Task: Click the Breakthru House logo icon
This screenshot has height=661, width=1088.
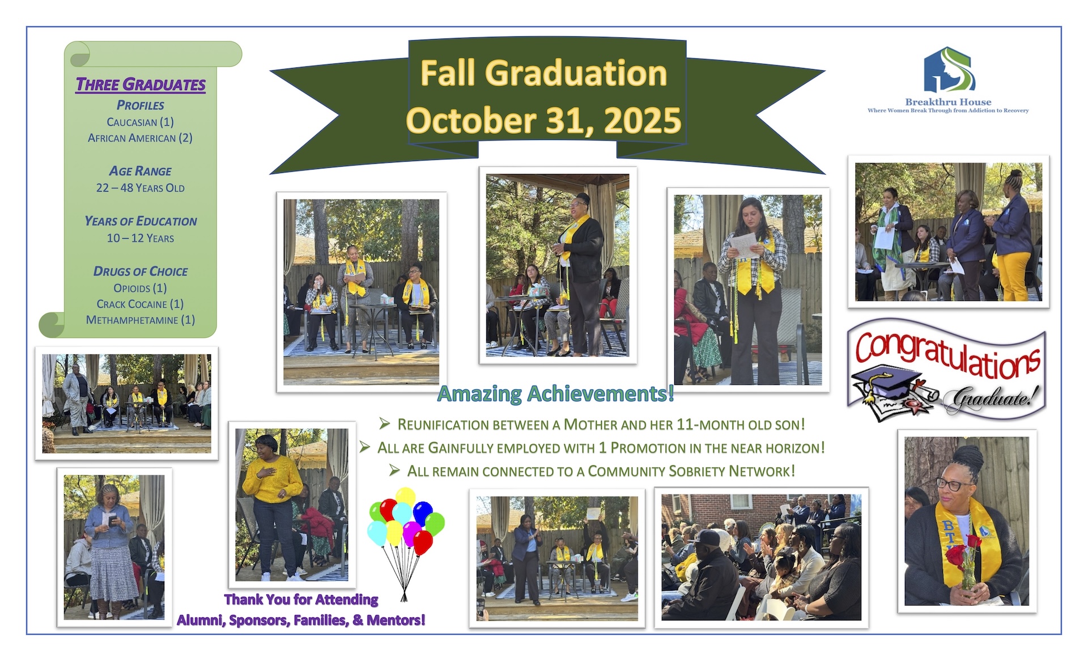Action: [949, 69]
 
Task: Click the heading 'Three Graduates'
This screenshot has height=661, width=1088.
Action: [141, 84]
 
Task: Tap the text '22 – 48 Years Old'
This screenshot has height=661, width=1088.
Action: [141, 188]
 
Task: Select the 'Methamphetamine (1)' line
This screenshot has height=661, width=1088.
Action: [141, 320]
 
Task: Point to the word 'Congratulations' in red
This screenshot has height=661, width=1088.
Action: [947, 354]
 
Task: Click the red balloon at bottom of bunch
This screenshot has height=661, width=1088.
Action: [423, 542]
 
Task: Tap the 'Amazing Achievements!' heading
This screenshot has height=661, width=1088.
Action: [556, 393]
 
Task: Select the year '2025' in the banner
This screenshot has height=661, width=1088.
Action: [643, 120]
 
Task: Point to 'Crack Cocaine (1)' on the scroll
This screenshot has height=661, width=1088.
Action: [141, 304]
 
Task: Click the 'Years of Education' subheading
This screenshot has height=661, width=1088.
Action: [141, 221]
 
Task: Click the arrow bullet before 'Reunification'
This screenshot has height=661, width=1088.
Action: [385, 423]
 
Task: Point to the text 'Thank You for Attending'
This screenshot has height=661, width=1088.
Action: [301, 599]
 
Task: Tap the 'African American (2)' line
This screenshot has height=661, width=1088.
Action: [141, 138]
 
